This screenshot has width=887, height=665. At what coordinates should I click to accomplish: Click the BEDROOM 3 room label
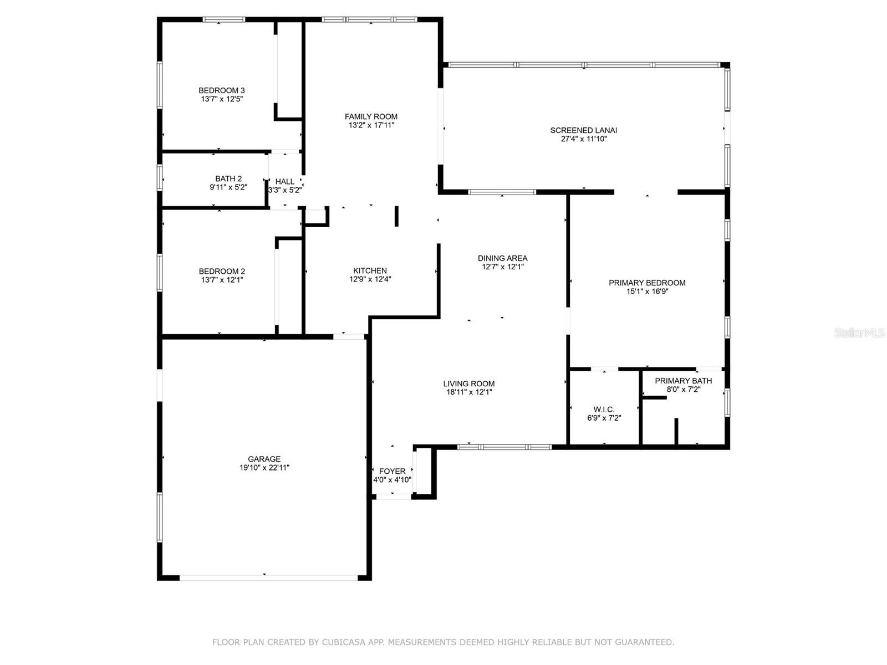pyautogui.click(x=221, y=90)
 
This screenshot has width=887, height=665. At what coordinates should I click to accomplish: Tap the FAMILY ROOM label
pyautogui.click(x=371, y=117)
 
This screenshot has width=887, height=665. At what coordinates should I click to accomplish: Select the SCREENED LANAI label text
pyautogui.click(x=584, y=130)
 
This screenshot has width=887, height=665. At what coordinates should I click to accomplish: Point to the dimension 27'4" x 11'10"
pyautogui.click(x=584, y=139)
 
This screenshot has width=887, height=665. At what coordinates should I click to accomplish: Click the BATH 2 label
pyautogui.click(x=228, y=178)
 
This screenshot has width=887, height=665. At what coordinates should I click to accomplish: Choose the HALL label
pyautogui.click(x=285, y=182)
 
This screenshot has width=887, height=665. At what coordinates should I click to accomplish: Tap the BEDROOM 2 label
pyautogui.click(x=222, y=272)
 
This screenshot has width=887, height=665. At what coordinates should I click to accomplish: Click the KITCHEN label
pyautogui.click(x=370, y=270)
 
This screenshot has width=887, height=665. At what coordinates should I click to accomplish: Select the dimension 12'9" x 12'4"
pyautogui.click(x=370, y=279)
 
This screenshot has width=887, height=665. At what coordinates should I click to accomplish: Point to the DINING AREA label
pyautogui.click(x=503, y=258)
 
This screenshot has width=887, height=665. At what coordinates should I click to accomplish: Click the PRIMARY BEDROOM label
pyautogui.click(x=647, y=283)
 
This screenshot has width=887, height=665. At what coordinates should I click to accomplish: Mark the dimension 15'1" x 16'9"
pyautogui.click(x=647, y=291)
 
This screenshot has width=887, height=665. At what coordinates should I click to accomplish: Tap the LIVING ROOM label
pyautogui.click(x=469, y=383)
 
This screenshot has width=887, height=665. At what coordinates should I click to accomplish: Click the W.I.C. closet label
pyautogui.click(x=604, y=410)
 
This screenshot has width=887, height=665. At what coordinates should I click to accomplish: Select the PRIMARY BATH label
pyautogui.click(x=684, y=381)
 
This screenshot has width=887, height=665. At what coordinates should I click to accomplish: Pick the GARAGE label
pyautogui.click(x=264, y=459)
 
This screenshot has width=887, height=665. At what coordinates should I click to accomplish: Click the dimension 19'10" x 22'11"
pyautogui.click(x=264, y=468)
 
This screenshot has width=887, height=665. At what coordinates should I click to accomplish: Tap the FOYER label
pyautogui.click(x=392, y=471)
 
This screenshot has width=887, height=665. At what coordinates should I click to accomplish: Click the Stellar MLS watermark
pyautogui.click(x=859, y=332)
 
